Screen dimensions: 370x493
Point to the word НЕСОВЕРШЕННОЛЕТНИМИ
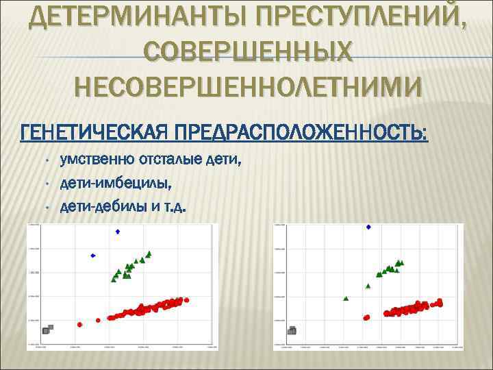coord(249,88)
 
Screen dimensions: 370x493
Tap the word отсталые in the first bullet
coord(170,161)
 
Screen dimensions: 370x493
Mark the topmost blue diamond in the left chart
coord(117,232)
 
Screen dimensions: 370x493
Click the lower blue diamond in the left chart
coord(93,256)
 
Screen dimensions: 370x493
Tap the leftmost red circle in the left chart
coord(80,323)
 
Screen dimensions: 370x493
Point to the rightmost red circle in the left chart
coord(186,300)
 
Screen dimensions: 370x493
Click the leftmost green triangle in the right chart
coord(346,298)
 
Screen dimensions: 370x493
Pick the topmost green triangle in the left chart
coord(149,254)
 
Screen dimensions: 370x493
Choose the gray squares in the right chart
coord(292,330)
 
